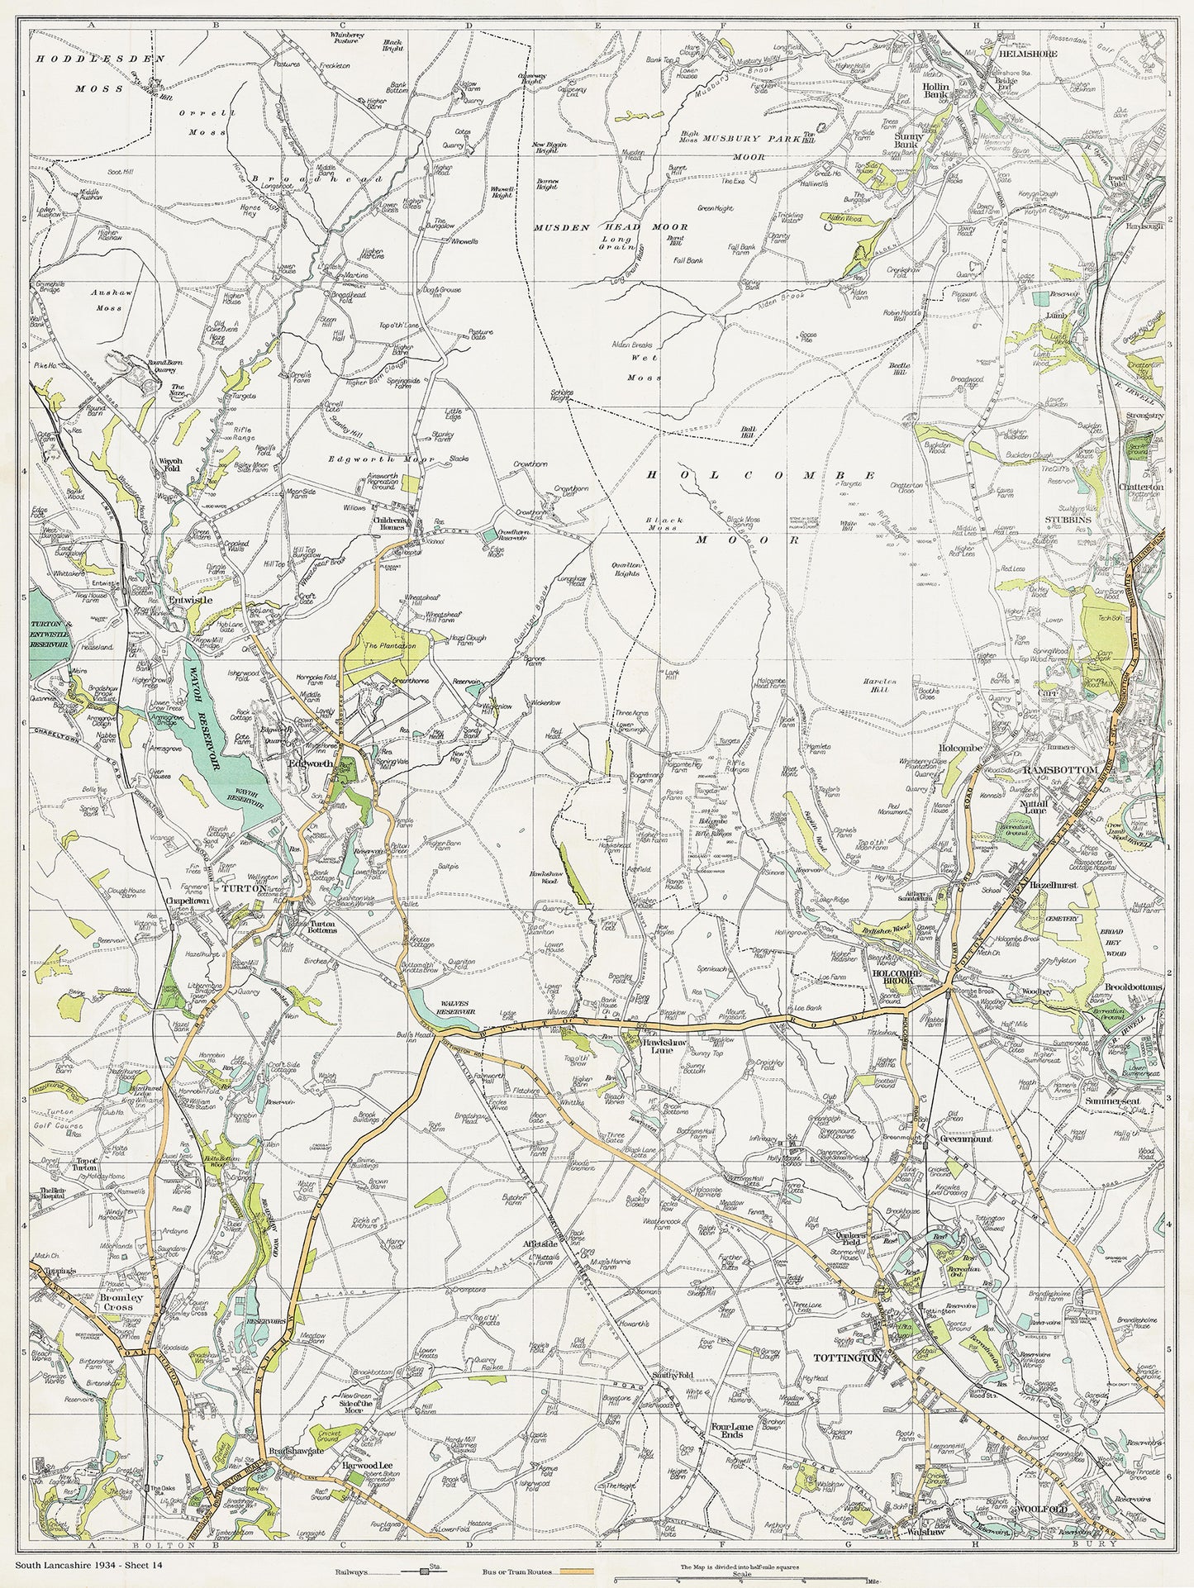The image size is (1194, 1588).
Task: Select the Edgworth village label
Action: [310, 765]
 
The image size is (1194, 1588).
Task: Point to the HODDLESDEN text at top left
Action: [99, 60]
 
